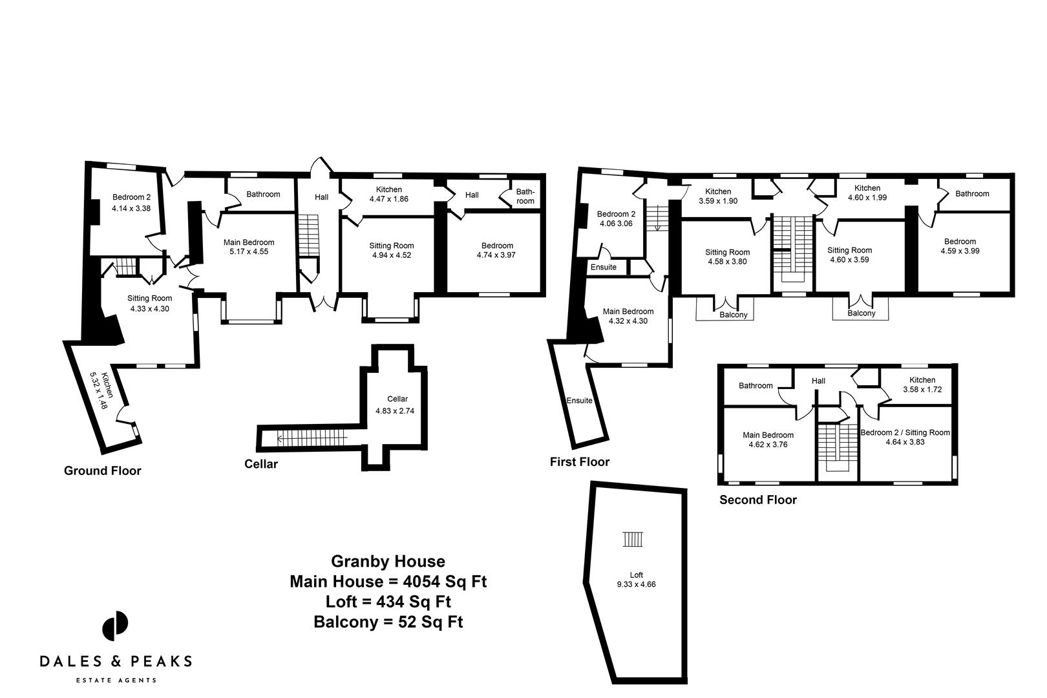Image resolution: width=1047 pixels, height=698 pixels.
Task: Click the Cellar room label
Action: click(397, 399)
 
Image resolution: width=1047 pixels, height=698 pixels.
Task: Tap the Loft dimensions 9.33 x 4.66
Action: click(637, 584)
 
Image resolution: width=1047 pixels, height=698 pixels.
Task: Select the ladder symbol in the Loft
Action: click(633, 539)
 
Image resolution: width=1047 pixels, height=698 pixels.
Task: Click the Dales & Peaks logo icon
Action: click(115, 626)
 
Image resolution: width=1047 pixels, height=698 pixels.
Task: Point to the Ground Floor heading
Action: click(102, 471)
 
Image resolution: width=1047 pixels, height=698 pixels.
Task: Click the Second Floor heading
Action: click(758, 500)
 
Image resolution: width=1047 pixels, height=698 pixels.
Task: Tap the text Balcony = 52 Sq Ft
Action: click(388, 622)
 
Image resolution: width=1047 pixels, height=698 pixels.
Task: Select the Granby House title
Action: click(388, 561)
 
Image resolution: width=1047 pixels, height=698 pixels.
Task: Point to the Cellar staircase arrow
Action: click(310, 439)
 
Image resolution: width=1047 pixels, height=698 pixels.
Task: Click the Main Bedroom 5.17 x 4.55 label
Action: click(249, 247)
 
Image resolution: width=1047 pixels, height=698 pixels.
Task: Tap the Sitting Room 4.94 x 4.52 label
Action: click(392, 250)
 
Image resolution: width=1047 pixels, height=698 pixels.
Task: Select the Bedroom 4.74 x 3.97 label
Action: click(497, 250)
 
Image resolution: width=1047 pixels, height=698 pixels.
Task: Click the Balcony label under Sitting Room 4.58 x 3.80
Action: click(733, 315)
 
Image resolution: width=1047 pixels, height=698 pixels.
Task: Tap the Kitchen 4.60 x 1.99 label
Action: click(867, 193)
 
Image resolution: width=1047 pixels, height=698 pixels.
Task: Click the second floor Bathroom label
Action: click(756, 386)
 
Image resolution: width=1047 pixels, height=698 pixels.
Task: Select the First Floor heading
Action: click(579, 461)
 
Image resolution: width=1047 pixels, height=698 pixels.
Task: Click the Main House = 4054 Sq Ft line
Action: click(388, 581)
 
